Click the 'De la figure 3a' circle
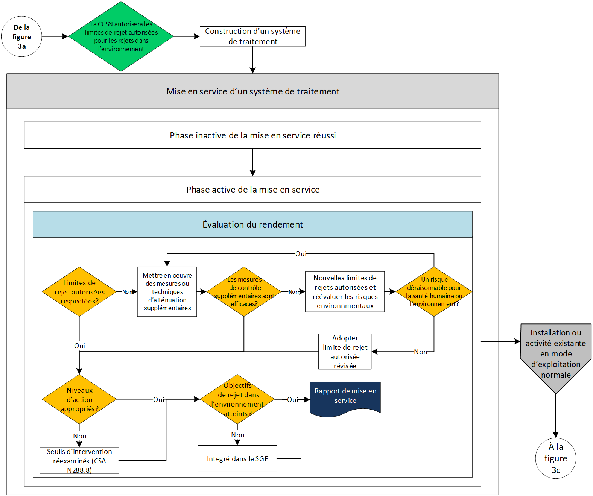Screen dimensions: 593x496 (21, 36)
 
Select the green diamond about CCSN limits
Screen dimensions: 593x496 (121, 36)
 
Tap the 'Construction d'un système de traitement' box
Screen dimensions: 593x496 (252, 36)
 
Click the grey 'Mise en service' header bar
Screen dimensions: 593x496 (252, 91)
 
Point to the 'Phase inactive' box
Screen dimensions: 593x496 (252, 135)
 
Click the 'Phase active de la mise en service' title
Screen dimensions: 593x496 (253, 190)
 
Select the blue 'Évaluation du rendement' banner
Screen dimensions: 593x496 (252, 224)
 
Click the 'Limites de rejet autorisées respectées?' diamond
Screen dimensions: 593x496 (79, 291)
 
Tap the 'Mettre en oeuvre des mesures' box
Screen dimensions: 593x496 (167, 291)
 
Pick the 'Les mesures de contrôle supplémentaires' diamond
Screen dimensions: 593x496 (244, 291)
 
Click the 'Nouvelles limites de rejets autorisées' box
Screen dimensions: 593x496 (345, 291)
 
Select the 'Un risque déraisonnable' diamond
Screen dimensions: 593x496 (434, 291)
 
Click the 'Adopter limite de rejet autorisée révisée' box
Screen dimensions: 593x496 (345, 352)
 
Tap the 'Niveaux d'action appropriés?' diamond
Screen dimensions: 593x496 (79, 399)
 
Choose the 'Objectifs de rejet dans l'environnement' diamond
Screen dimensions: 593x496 (237, 399)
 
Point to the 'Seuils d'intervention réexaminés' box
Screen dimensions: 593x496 (79, 461)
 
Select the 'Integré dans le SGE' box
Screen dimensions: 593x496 (237, 458)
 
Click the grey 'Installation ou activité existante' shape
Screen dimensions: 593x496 (556, 355)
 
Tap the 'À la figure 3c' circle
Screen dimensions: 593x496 (556, 458)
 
